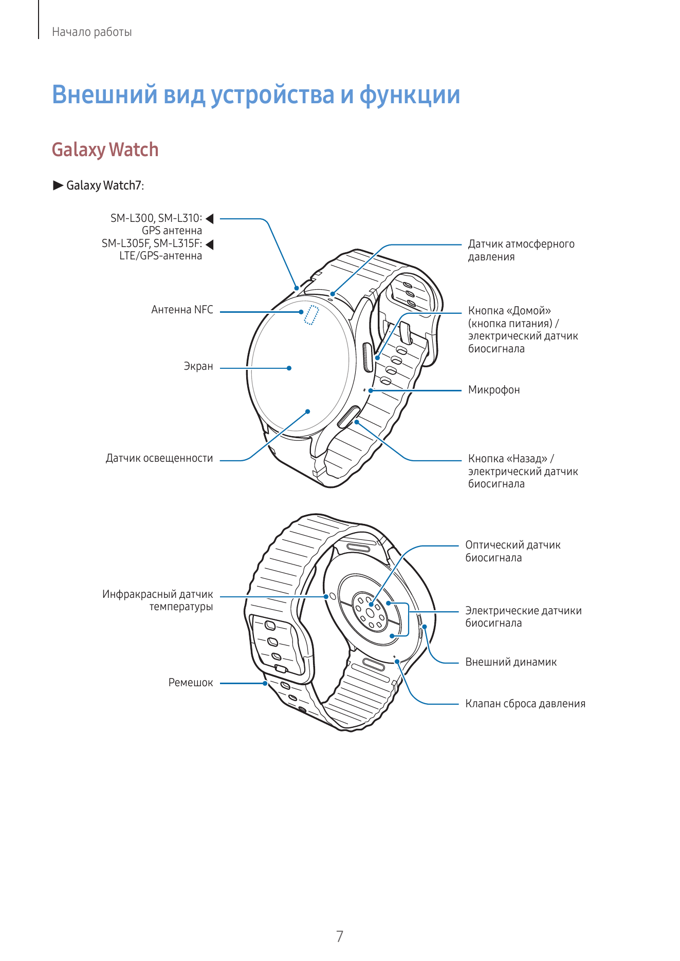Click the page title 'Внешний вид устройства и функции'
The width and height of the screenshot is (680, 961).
coord(256,95)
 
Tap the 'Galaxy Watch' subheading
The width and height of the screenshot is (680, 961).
coord(105,150)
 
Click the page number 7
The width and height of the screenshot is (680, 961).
coord(340,936)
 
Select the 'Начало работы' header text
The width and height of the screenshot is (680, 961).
coord(92,32)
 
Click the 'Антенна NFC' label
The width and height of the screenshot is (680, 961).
coord(182,310)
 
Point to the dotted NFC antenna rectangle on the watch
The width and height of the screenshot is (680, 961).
coord(311,315)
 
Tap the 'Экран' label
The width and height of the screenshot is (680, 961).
coord(198,366)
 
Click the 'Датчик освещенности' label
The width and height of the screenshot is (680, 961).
coord(159,458)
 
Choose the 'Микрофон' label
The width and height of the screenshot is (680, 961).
coord(494,390)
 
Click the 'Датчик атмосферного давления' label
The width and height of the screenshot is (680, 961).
coord(521,250)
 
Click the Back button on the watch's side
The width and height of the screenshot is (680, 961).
coord(349,416)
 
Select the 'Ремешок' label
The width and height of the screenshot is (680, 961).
coord(191,683)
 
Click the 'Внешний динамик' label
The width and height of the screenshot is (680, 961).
coord(511,662)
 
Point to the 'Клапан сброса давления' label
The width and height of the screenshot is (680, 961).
coord(525,704)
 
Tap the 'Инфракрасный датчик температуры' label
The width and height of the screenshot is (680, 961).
coord(157,600)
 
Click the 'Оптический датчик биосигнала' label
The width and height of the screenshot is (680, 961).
coord(513,551)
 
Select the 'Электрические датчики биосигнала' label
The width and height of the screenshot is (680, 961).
coord(524,617)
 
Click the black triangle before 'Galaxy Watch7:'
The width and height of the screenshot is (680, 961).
coord(58,185)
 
